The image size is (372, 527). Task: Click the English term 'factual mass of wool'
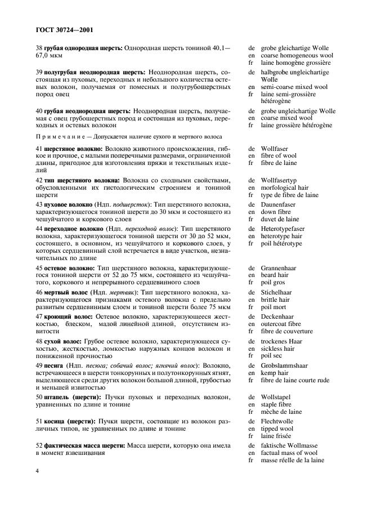(289, 453)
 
